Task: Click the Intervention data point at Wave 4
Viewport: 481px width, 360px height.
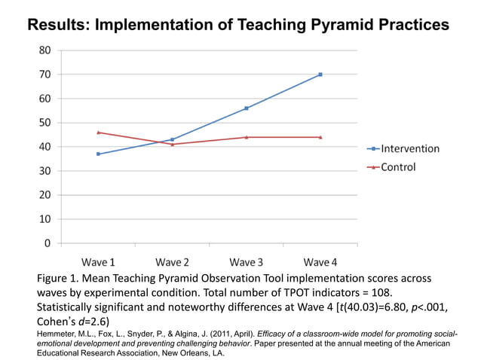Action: click(320, 75)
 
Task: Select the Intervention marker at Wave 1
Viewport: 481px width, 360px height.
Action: click(98, 154)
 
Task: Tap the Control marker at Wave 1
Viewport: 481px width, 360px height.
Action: click(98, 133)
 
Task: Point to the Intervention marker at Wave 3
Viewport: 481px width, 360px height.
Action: click(247, 108)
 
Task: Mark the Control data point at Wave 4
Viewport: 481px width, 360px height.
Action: click(320, 137)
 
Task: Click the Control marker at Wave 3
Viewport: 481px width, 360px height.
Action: click(247, 137)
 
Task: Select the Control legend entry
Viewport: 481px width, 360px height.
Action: click(397, 166)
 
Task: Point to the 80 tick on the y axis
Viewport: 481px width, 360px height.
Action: click(45, 50)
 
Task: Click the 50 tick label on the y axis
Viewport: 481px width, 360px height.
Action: click(45, 123)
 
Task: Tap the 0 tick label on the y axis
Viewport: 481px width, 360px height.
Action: click(48, 243)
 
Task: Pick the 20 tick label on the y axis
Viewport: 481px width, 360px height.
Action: click(45, 195)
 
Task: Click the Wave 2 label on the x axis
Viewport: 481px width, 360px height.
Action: click(172, 262)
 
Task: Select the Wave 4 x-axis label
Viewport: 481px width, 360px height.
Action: click(320, 262)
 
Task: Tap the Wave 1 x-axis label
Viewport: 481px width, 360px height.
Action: click(98, 262)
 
